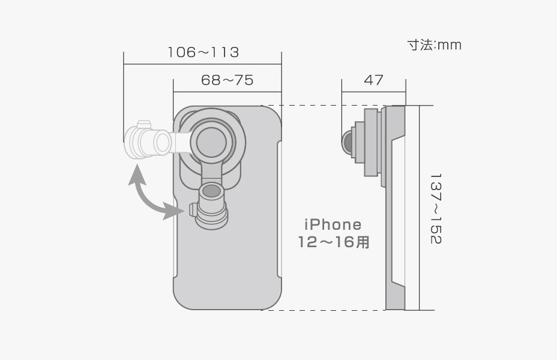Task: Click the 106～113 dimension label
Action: tap(203, 52)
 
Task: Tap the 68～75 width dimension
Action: tap(227, 80)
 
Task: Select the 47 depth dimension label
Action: tap(374, 80)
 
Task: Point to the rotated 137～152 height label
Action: tap(436, 209)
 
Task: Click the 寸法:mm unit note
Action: tap(434, 45)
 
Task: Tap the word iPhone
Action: tap(333, 224)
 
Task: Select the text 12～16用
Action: tap(334, 242)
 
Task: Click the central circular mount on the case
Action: tap(212, 141)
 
